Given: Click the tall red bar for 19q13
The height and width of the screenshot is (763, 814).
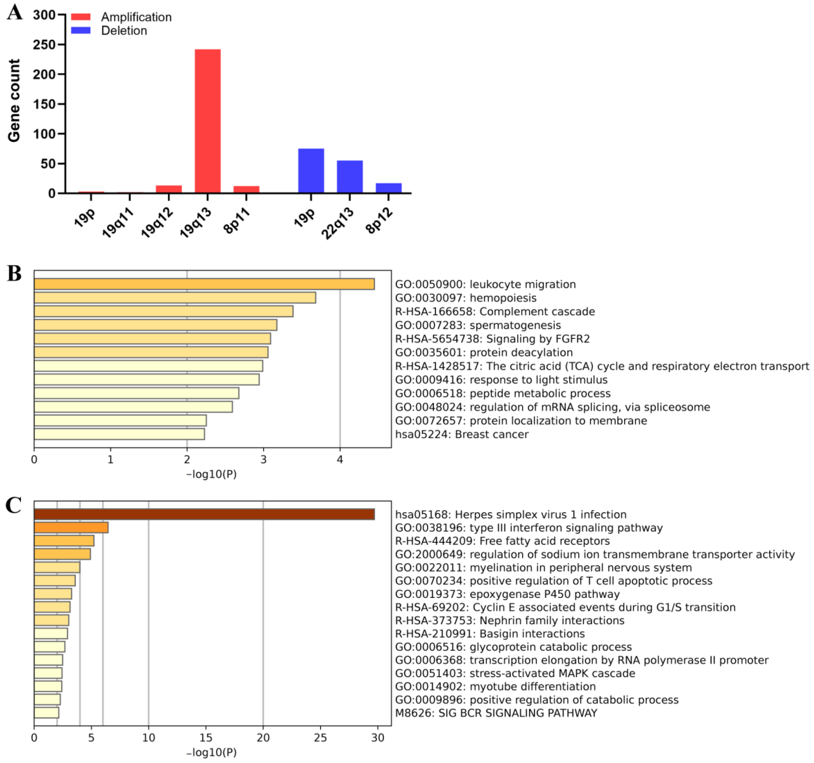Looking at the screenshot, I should (x=208, y=121).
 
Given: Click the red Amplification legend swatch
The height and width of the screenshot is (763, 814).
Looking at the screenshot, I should (x=81, y=17).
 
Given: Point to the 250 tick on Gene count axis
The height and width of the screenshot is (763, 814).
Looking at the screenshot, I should (x=44, y=45).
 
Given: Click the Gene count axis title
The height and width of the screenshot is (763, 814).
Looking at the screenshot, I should (x=14, y=101).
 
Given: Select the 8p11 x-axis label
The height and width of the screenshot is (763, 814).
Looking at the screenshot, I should (x=237, y=221).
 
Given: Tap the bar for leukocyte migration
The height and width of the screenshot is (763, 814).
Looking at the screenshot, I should (x=204, y=284).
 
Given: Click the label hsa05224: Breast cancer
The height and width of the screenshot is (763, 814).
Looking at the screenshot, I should (x=461, y=434).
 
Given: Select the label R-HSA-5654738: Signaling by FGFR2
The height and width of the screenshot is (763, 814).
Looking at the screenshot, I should (x=492, y=339).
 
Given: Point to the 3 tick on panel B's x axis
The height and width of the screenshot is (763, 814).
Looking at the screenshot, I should (x=263, y=460).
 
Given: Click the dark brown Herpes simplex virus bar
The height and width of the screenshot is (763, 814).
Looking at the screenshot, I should (x=204, y=515).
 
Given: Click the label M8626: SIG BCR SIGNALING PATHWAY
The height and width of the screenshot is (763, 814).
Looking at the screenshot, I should (x=496, y=713).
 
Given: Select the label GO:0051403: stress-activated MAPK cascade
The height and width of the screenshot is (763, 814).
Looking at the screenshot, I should (x=515, y=673).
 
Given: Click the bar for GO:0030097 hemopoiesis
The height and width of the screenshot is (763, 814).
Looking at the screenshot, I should (x=175, y=298).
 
